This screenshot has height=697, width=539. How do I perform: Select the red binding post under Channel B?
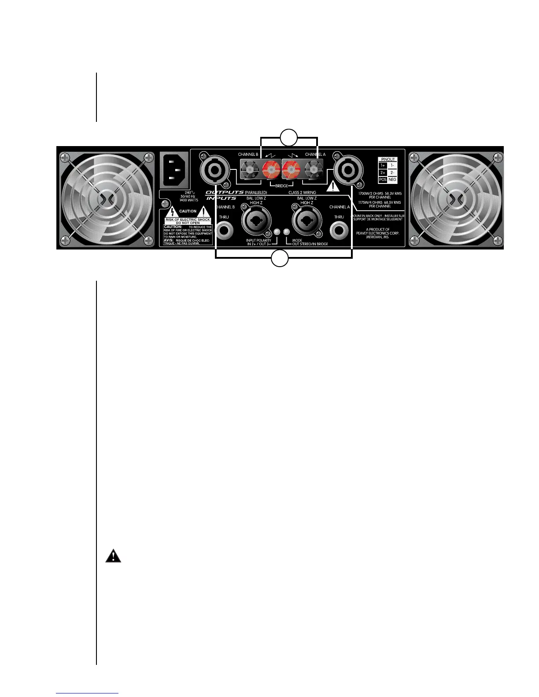point(271,169)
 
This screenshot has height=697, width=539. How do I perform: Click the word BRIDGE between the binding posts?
point(281,186)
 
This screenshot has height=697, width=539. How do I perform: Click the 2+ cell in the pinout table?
point(383,172)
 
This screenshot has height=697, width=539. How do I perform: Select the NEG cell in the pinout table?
point(392,180)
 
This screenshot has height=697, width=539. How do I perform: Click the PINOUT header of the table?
point(388,159)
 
